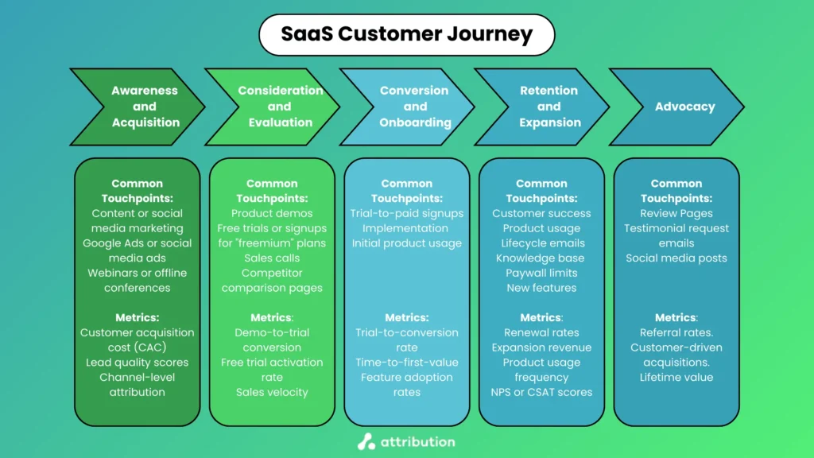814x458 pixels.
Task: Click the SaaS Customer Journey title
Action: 406,35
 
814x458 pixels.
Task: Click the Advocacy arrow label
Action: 684,107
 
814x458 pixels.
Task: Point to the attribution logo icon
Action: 366,441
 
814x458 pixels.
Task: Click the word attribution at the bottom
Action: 417,441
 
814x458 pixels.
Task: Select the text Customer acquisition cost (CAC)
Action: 137,340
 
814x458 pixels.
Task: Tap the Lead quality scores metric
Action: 137,362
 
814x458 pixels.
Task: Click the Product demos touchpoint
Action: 272,213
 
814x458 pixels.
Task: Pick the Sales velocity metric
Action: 272,392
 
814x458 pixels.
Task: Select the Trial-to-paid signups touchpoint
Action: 407,213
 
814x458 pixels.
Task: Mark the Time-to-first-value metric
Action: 407,362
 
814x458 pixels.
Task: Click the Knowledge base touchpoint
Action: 541,258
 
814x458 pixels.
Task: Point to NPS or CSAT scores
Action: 541,392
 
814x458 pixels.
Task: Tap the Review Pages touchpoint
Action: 676,213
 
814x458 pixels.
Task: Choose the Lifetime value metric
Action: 676,377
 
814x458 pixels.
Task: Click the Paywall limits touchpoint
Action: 541,273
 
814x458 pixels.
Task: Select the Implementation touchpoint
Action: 407,228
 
